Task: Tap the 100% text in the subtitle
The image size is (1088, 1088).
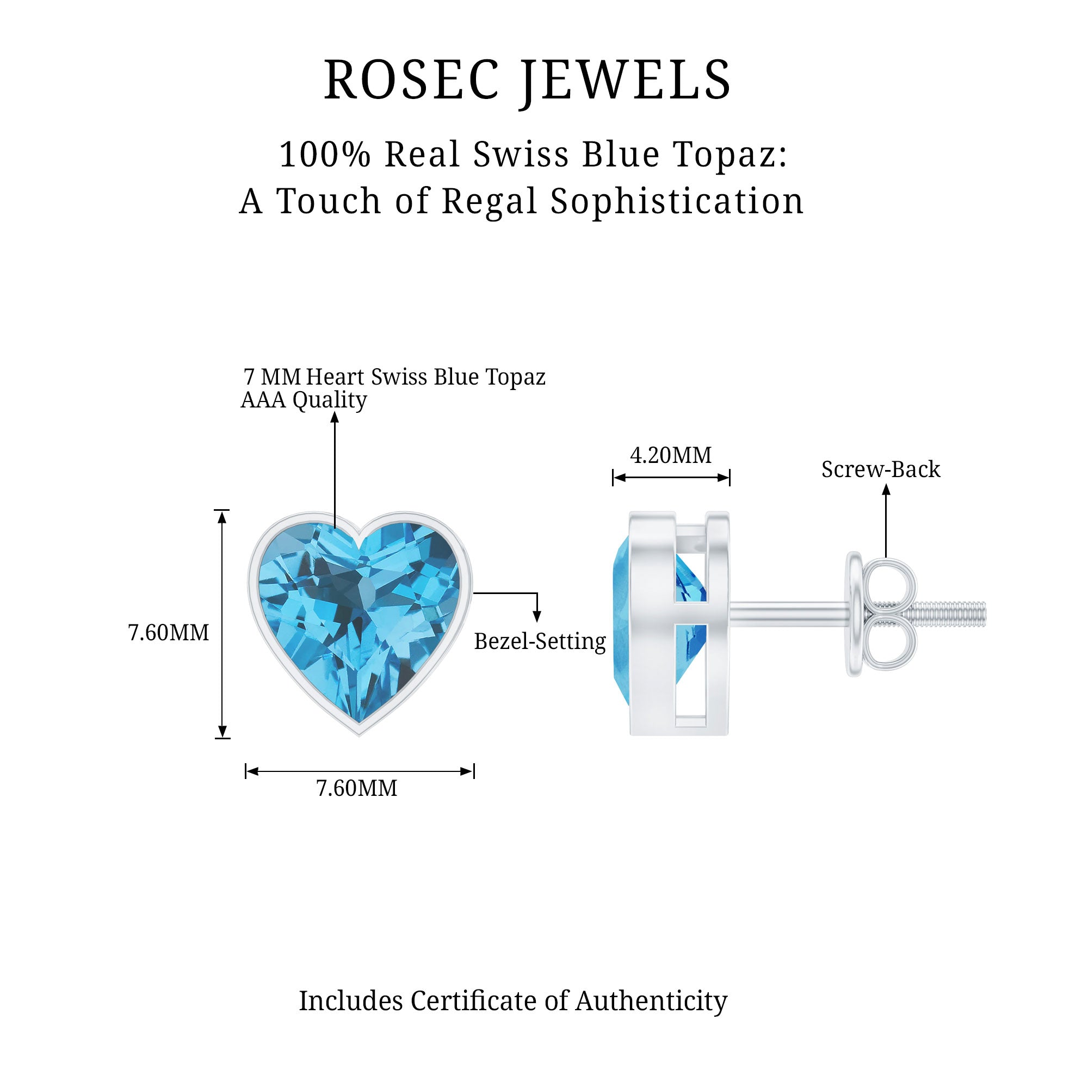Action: (x=325, y=154)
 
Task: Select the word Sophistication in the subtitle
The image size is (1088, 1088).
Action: (x=677, y=201)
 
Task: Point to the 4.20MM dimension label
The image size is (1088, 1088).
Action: (x=670, y=455)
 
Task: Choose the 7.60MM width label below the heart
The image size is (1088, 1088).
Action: (x=356, y=788)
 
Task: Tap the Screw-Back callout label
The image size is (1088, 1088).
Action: (x=880, y=469)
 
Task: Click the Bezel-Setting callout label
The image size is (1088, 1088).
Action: (x=540, y=641)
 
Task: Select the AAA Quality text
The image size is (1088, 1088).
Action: (x=304, y=400)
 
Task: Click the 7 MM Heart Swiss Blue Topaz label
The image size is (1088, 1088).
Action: (x=394, y=377)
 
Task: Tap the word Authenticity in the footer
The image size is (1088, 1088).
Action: (x=651, y=1001)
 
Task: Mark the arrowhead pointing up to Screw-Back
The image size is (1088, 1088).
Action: (x=886, y=490)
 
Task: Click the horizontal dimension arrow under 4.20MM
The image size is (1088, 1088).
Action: (x=671, y=478)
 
